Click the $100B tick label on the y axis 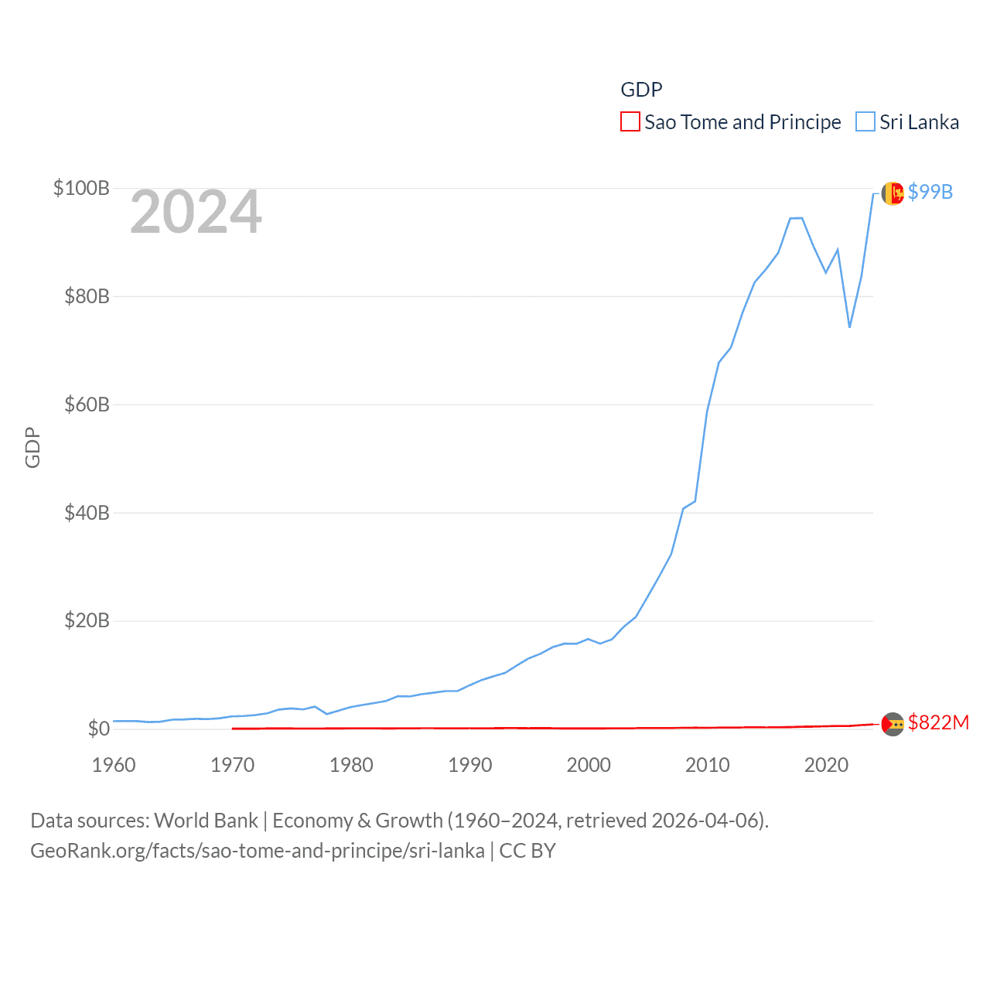pyautogui.click(x=81, y=188)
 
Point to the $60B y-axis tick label pyautogui.click(x=87, y=405)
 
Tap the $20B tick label pyautogui.click(x=87, y=620)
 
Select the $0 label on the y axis pyautogui.click(x=98, y=729)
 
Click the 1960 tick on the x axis pyautogui.click(x=114, y=765)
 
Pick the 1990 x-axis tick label pyautogui.click(x=469, y=765)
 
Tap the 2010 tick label pyautogui.click(x=707, y=765)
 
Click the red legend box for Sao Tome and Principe pyautogui.click(x=630, y=122)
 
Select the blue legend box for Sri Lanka pyautogui.click(x=865, y=122)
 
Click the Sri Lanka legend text pyautogui.click(x=919, y=122)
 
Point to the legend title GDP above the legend pyautogui.click(x=641, y=90)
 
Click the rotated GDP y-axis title pyautogui.click(x=32, y=447)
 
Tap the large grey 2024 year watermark pyautogui.click(x=196, y=212)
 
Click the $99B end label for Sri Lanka pyautogui.click(x=930, y=192)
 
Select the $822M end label pyautogui.click(x=938, y=722)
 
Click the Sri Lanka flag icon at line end pyautogui.click(x=893, y=193)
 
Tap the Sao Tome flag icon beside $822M pyautogui.click(x=893, y=724)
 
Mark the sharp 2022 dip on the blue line pyautogui.click(x=849, y=327)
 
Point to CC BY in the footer pyautogui.click(x=527, y=851)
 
